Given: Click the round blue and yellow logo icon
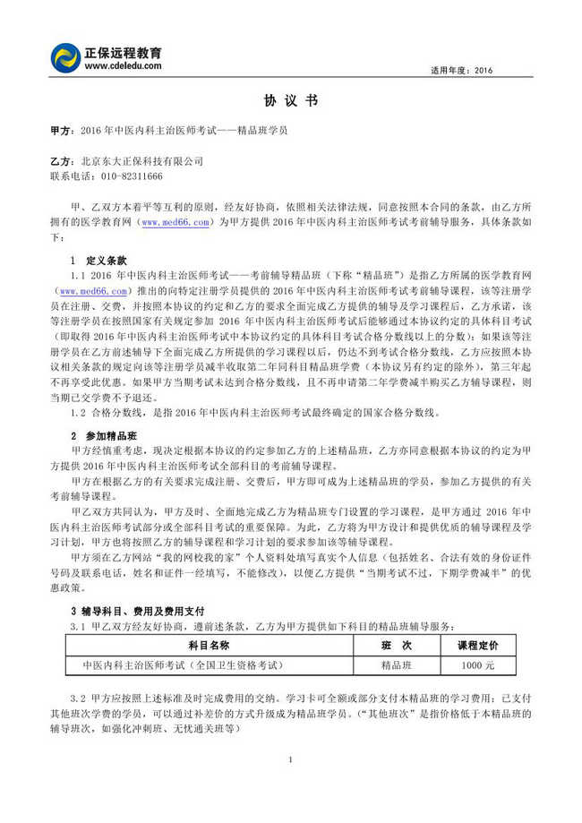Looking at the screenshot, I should pos(66,58).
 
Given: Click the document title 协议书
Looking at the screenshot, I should pos(290,100).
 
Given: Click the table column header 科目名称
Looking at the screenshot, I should pos(210,645).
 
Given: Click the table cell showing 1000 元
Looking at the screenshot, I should pos(478,665).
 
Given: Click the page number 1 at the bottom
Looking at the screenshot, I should pos(291,759).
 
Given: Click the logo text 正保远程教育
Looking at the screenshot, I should pos(130,52).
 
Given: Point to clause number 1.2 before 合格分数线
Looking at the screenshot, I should pos(77,412).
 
